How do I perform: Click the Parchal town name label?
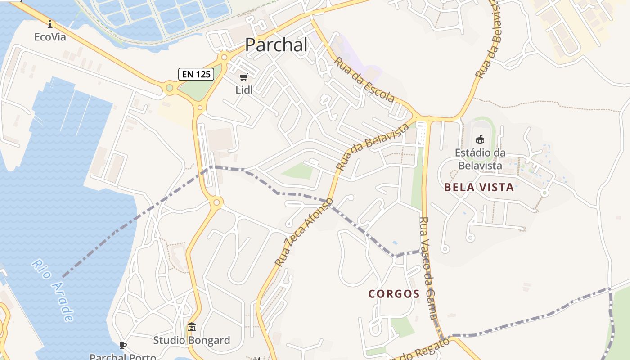[276, 45]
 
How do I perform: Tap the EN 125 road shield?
[196, 74]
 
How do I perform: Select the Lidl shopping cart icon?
[244, 77]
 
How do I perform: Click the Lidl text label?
[244, 90]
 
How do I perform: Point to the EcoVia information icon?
[50, 24]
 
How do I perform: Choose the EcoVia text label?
[50, 37]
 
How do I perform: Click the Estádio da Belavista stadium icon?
[480, 139]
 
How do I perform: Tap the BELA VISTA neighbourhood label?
[479, 187]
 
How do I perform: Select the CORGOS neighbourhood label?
[394, 294]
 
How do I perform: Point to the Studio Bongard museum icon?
[192, 327]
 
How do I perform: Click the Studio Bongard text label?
[192, 340]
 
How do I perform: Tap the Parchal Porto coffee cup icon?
[122, 345]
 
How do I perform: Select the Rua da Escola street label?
[364, 79]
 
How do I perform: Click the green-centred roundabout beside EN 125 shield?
[169, 88]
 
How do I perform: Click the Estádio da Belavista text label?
[480, 159]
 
